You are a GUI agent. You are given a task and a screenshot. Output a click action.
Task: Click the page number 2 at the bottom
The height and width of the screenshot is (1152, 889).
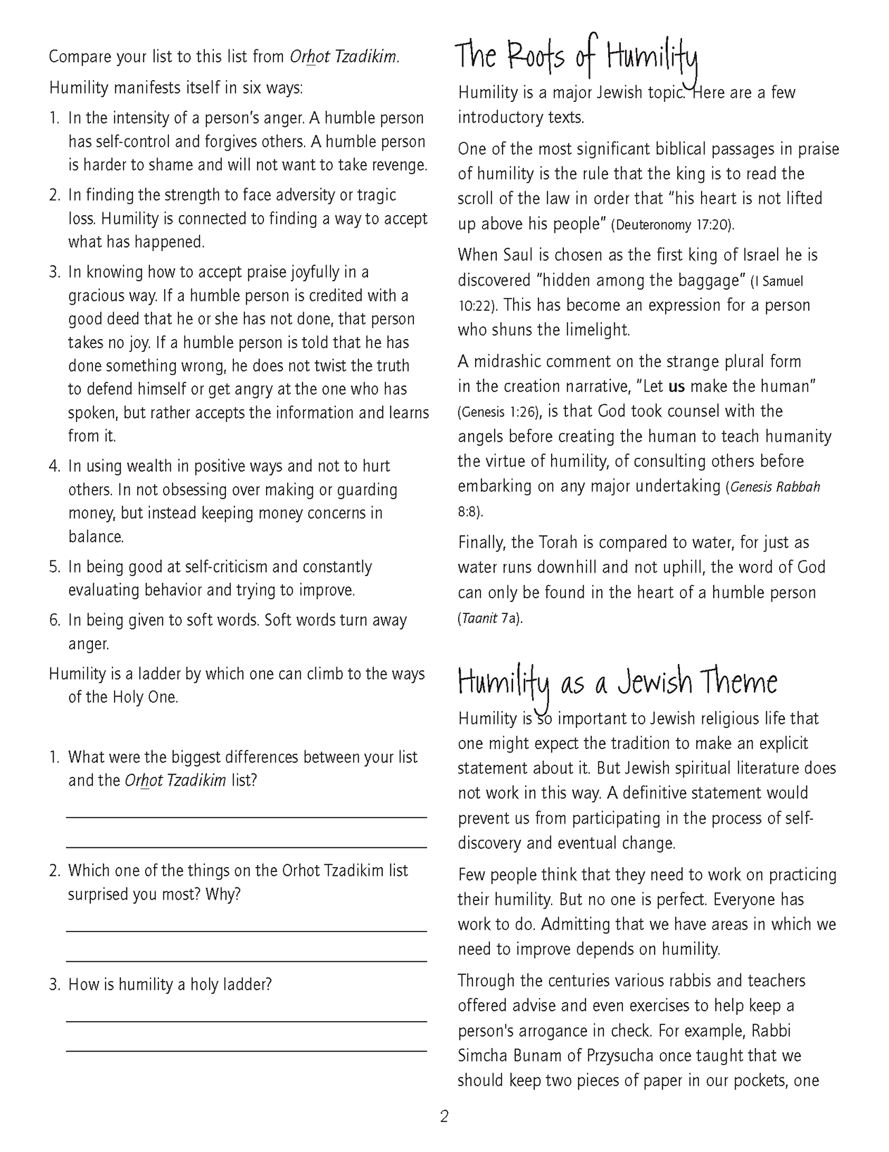tap(444, 1116)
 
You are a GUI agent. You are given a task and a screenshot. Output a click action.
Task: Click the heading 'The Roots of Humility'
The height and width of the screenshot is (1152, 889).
tap(575, 56)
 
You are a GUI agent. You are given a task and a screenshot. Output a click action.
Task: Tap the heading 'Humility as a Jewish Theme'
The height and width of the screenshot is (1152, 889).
tap(617, 682)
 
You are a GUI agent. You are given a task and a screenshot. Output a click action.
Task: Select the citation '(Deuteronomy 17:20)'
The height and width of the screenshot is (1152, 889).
tap(672, 225)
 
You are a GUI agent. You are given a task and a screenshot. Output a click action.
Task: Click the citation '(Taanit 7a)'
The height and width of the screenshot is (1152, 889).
tap(491, 619)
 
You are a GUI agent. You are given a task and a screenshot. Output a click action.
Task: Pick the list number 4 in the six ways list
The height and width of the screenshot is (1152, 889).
tap(54, 466)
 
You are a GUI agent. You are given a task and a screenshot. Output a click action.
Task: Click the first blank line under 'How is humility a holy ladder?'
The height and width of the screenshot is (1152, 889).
tap(246, 1020)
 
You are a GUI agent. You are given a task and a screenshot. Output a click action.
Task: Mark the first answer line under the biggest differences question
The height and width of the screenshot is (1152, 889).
tap(246, 817)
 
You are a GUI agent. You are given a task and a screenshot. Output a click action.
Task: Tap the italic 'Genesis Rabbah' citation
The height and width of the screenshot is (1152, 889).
tap(775, 487)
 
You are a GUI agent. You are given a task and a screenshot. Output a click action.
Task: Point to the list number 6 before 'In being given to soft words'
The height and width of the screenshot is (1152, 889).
tap(54, 620)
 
